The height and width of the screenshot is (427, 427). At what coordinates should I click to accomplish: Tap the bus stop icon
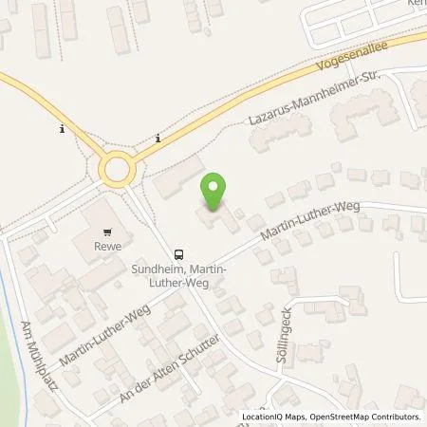[177, 254]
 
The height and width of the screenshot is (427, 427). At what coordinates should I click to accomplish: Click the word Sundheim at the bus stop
[152, 269]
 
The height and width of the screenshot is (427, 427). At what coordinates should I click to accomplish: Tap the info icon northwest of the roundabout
[62, 128]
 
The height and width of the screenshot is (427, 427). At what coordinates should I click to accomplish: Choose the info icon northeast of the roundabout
[157, 139]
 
